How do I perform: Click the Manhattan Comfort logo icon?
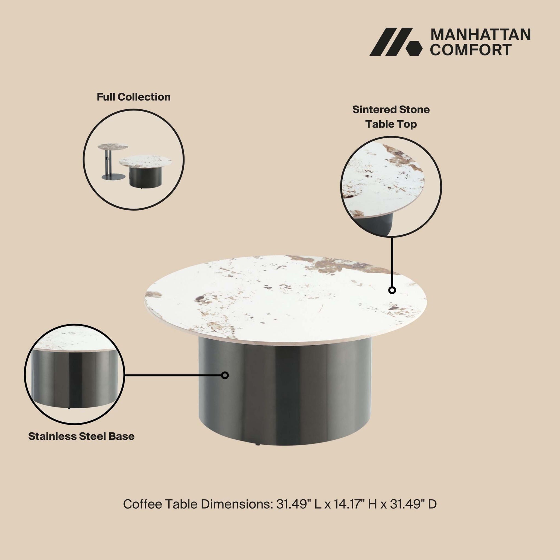click(396, 42)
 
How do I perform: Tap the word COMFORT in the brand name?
click(471, 49)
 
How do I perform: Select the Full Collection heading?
click(134, 97)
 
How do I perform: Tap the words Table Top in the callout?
click(391, 124)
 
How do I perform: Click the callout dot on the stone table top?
click(392, 290)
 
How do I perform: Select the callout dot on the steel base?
click(225, 375)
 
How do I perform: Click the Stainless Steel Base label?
click(81, 436)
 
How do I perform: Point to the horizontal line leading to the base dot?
click(173, 375)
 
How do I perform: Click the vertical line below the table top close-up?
click(392, 262)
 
